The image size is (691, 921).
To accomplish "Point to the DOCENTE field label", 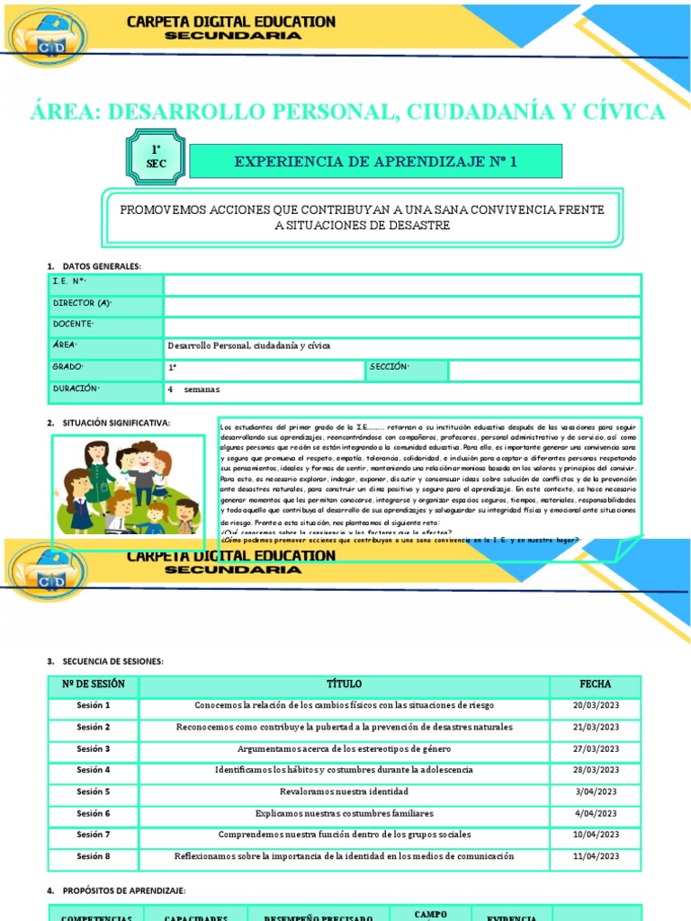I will click(74, 325).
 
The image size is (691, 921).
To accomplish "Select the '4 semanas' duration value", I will click(193, 389).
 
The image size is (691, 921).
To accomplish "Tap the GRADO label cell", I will click(68, 368).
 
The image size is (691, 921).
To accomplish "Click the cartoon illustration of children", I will click(127, 485).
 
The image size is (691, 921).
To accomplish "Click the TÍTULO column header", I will click(344, 684).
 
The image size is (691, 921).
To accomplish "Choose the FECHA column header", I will click(596, 684).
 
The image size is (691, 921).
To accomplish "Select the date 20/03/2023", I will click(596, 705).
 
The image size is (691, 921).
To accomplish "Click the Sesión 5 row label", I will click(94, 791).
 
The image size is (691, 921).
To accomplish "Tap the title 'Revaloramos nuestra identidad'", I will click(344, 791).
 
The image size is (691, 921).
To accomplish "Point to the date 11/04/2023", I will click(596, 856).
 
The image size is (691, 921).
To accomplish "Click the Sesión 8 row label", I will click(94, 856).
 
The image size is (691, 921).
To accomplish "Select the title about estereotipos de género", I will click(344, 748).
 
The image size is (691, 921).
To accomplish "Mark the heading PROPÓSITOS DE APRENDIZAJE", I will click(123, 890).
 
